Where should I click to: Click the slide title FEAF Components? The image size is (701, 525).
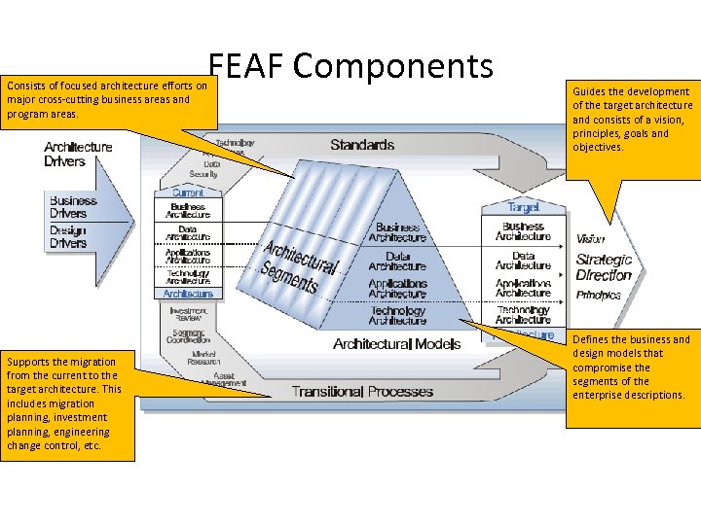pyautogui.click(x=350, y=66)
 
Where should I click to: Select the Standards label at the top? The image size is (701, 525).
pyautogui.click(x=361, y=145)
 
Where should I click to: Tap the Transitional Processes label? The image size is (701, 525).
pyautogui.click(x=362, y=392)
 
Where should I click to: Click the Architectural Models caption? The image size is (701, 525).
pyautogui.click(x=396, y=344)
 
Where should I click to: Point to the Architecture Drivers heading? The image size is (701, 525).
pyautogui.click(x=78, y=155)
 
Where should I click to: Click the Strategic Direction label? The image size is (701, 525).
pyautogui.click(x=604, y=267)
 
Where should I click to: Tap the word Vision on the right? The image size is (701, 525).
pyautogui.click(x=590, y=239)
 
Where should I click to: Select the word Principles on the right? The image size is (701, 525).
pyautogui.click(x=598, y=295)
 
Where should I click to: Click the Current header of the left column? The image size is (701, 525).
pyautogui.click(x=188, y=192)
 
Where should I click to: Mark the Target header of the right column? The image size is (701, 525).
pyautogui.click(x=523, y=207)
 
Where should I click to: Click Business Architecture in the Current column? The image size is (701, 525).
pyautogui.click(x=188, y=210)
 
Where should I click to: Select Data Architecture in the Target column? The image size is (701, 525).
pyautogui.click(x=523, y=261)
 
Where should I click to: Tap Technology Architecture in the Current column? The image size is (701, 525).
pyautogui.click(x=188, y=277)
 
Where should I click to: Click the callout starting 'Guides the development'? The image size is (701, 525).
pyautogui.click(x=632, y=119)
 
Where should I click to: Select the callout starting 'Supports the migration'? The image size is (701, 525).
pyautogui.click(x=66, y=403)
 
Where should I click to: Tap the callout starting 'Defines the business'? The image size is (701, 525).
pyautogui.click(x=631, y=367)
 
